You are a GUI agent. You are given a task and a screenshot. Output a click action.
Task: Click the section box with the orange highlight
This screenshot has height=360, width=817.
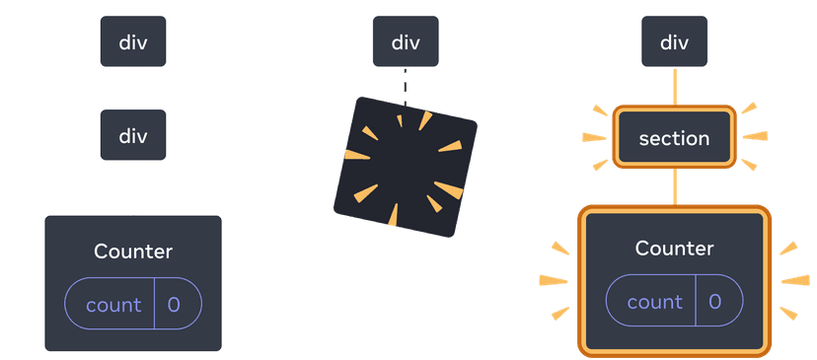[674, 138]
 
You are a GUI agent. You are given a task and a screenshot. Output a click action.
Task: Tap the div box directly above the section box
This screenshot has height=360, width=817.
[674, 42]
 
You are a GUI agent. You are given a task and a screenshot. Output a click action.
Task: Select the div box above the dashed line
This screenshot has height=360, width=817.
[406, 42]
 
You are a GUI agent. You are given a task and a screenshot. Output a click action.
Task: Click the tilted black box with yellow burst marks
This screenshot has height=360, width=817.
[406, 166]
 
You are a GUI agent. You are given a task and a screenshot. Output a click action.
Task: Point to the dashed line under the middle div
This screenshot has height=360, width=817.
[405, 85]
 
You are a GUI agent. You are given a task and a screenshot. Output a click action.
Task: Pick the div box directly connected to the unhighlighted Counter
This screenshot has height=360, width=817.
[133, 137]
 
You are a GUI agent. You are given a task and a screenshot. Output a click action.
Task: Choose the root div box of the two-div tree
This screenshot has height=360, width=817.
[133, 42]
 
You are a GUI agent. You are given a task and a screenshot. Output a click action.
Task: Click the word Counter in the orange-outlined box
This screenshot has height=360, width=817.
[674, 248]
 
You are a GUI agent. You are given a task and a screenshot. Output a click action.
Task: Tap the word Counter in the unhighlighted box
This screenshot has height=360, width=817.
[133, 252]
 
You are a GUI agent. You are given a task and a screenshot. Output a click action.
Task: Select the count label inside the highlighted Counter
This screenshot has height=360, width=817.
[654, 302]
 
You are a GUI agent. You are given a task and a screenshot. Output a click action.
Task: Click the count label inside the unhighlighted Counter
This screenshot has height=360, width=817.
[113, 305]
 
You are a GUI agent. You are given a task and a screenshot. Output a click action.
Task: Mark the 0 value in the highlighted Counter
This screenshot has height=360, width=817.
[715, 302]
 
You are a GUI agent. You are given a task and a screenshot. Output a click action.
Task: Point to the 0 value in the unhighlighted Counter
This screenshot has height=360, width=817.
[174, 305]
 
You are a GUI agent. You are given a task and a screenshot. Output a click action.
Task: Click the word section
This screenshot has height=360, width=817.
[674, 138]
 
